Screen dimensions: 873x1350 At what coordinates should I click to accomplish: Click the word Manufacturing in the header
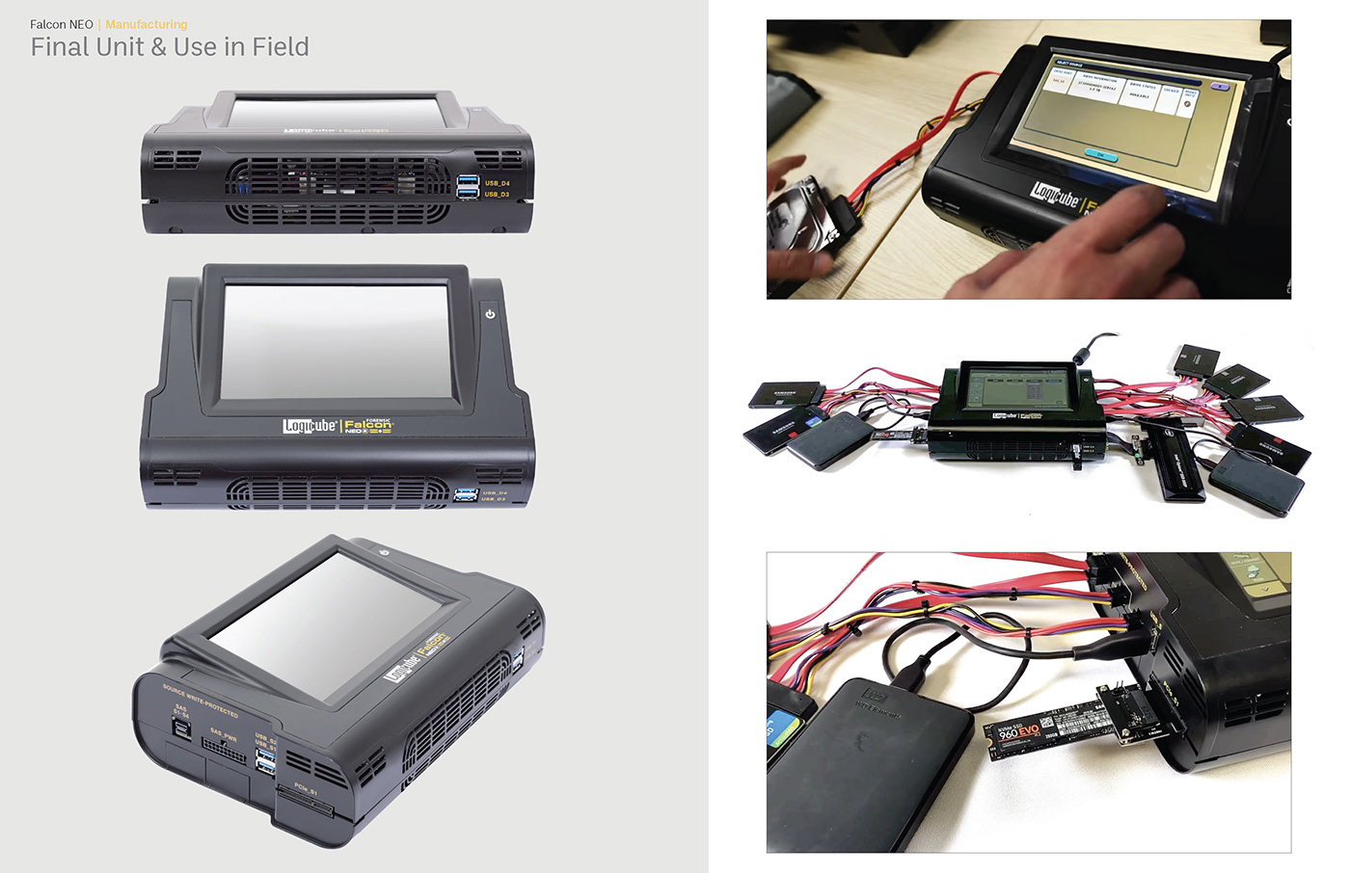[x=147, y=24]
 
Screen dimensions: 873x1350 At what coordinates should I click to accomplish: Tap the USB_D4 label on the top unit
[x=498, y=182]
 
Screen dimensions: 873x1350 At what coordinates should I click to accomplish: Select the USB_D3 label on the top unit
[x=498, y=194]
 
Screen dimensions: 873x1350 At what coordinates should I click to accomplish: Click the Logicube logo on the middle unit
[x=310, y=425]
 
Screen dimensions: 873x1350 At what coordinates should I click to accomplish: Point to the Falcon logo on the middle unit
[x=368, y=425]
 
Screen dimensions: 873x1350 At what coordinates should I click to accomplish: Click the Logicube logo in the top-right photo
[x=1055, y=197]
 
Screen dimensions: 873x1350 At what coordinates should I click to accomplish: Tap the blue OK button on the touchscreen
[x=1099, y=154]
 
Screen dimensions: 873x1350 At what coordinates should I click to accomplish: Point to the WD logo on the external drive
[x=877, y=697]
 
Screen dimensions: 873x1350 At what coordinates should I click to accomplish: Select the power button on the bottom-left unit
[x=384, y=552]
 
